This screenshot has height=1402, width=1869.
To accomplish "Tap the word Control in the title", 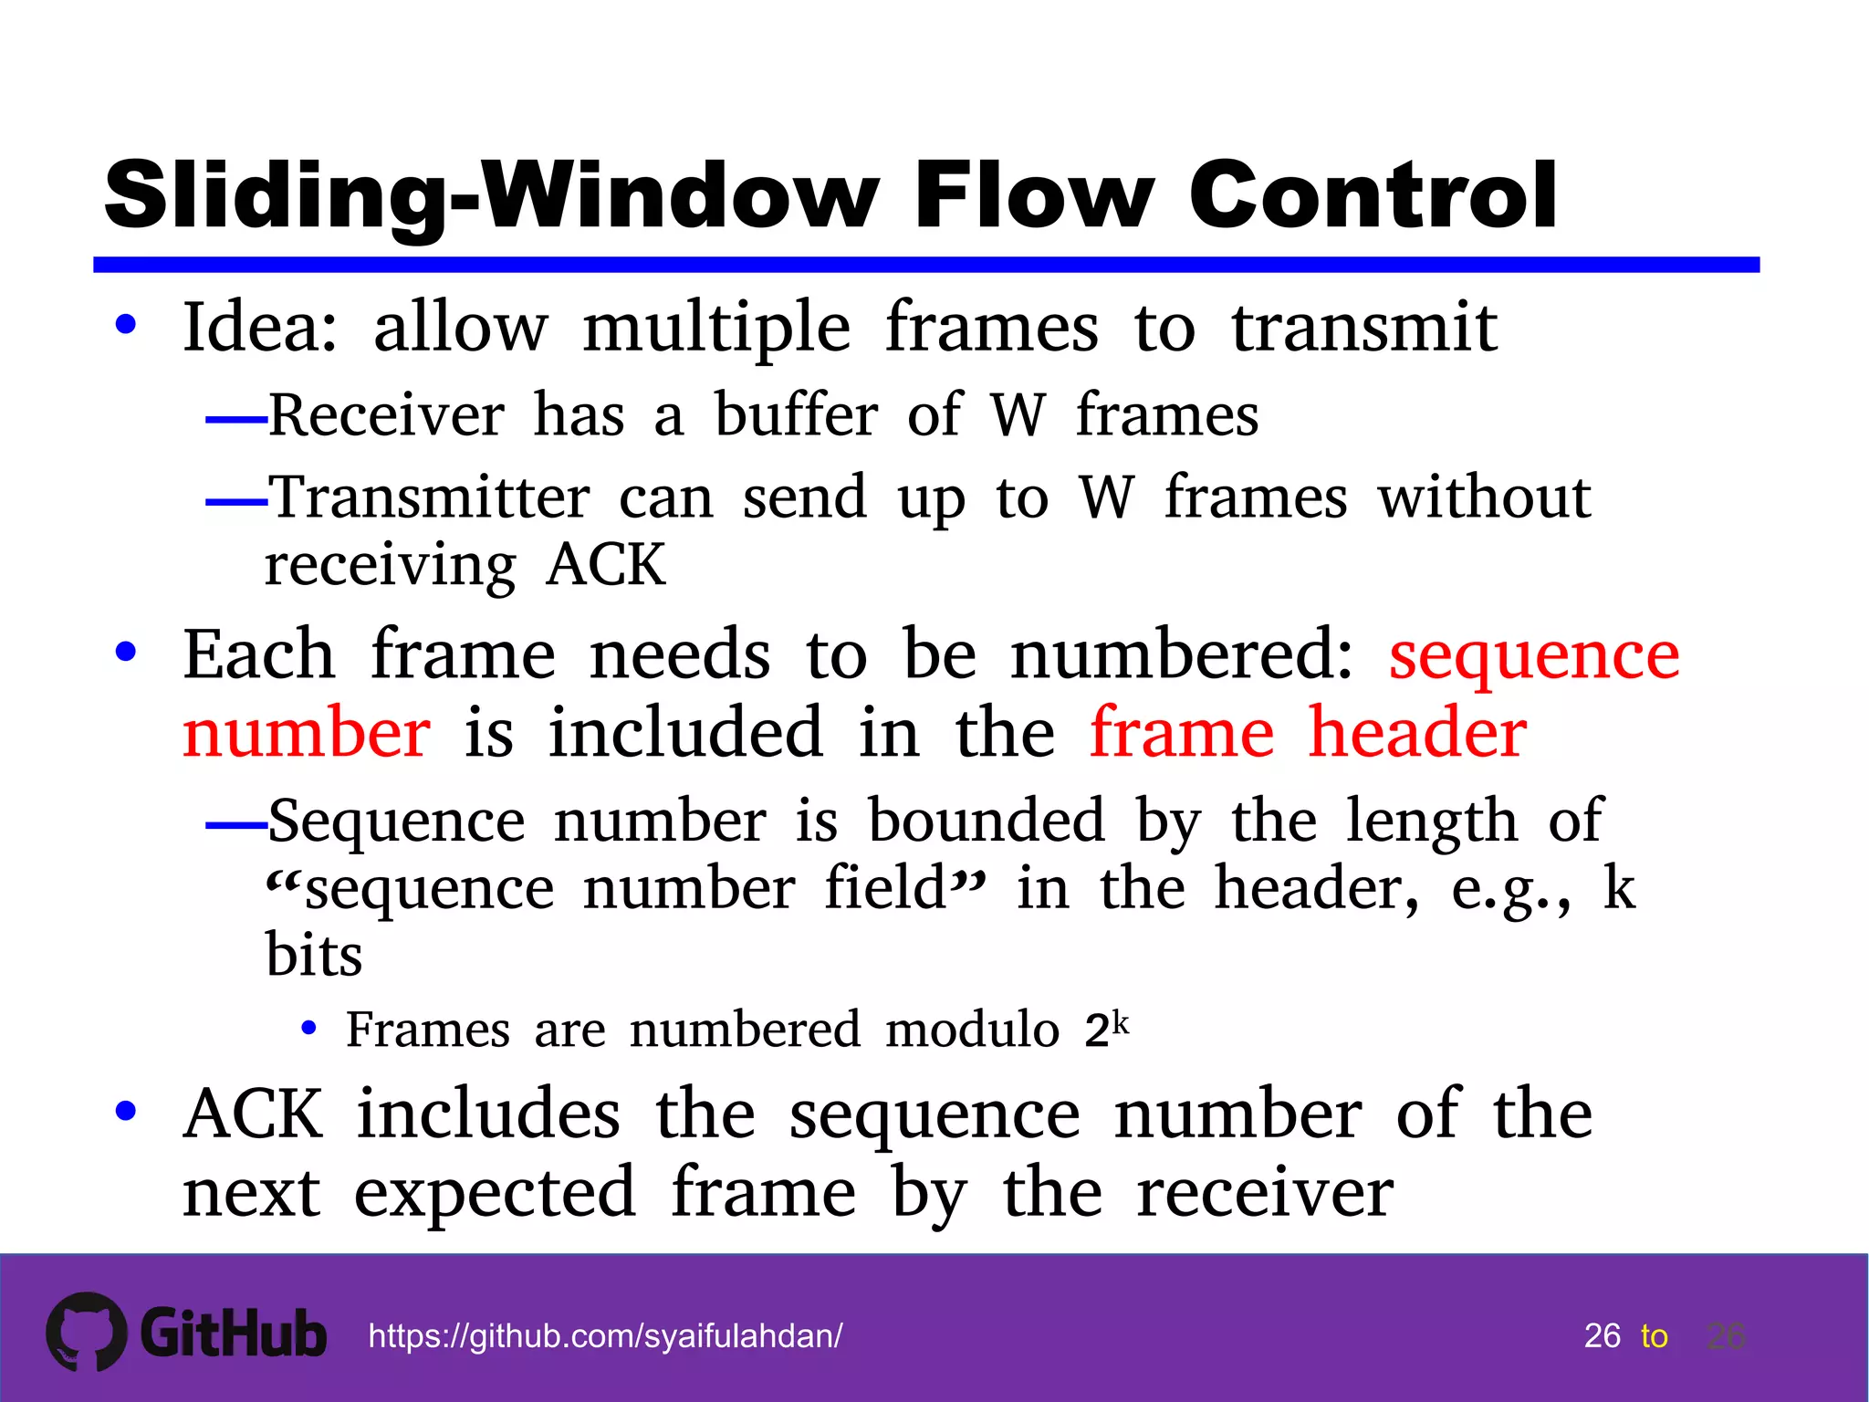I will pos(1373,195).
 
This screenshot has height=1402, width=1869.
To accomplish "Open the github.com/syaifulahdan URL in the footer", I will pos(605,1336).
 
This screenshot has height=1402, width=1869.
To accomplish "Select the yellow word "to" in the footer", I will pos(1654,1336).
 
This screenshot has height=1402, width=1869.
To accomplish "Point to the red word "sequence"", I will pos(1533,655).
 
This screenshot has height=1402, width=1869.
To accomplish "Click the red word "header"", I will pos(1417,733).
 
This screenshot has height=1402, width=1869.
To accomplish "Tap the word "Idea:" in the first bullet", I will pos(261,327).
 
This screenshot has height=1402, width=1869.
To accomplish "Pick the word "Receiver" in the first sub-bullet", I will pos(386,415).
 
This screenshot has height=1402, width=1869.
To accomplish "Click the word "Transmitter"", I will pos(430,498).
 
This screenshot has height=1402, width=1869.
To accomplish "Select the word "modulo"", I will pos(971,1031).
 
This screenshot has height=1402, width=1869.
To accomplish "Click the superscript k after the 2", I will pos(1121,1021).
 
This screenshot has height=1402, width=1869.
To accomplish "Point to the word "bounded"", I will pos(987,821).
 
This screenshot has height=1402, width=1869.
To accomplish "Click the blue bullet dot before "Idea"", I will pos(126,325).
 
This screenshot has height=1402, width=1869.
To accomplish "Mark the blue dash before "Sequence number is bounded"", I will pos(235,825).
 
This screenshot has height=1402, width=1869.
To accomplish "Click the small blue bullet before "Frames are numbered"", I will pos(308,1029).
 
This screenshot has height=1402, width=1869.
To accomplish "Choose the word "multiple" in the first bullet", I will pos(716,327).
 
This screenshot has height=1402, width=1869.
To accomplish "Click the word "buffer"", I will pos(796,415).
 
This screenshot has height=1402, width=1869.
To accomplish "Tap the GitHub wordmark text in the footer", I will pos(234,1334).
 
